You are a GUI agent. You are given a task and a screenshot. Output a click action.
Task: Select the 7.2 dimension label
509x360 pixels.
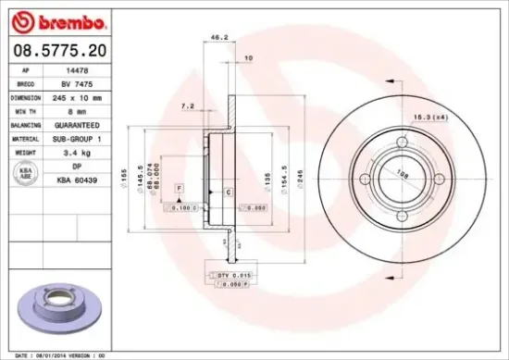point(188,106)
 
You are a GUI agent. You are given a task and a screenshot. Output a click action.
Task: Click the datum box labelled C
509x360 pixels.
point(228,192)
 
